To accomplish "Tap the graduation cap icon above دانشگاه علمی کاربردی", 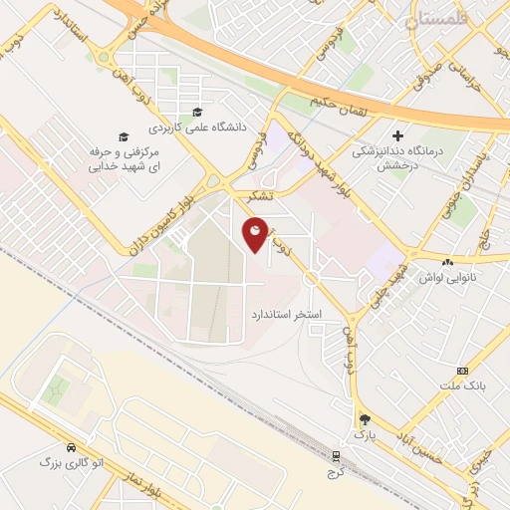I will pos(197,111).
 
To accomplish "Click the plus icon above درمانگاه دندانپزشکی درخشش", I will pos(397,135).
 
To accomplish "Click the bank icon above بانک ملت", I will pos(461,370).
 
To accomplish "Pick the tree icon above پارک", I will pos(366,419).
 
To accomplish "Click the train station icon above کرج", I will pos(337,454).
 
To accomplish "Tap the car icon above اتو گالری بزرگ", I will pos(71,447).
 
